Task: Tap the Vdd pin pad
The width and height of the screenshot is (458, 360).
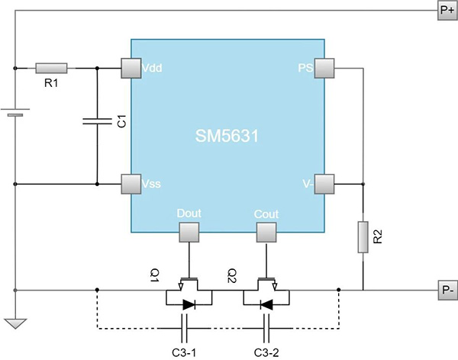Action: [x=131, y=69]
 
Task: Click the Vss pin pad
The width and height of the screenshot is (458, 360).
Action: [x=131, y=184]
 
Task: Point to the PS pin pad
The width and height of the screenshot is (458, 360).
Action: [x=325, y=69]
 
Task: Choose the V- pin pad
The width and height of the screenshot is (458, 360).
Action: [x=325, y=184]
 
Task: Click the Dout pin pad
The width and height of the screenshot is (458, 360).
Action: [x=189, y=232]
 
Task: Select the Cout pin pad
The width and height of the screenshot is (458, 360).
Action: [x=266, y=232]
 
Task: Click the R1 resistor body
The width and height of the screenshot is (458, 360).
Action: [x=52, y=69]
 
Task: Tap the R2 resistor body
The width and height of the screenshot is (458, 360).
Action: [x=363, y=238]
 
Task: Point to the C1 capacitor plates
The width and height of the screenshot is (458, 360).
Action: [x=98, y=121]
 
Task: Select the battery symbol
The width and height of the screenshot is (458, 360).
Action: [x=15, y=113]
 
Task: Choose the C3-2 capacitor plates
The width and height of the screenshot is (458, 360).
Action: [x=266, y=329]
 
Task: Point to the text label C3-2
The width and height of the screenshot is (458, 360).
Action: [x=266, y=352]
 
